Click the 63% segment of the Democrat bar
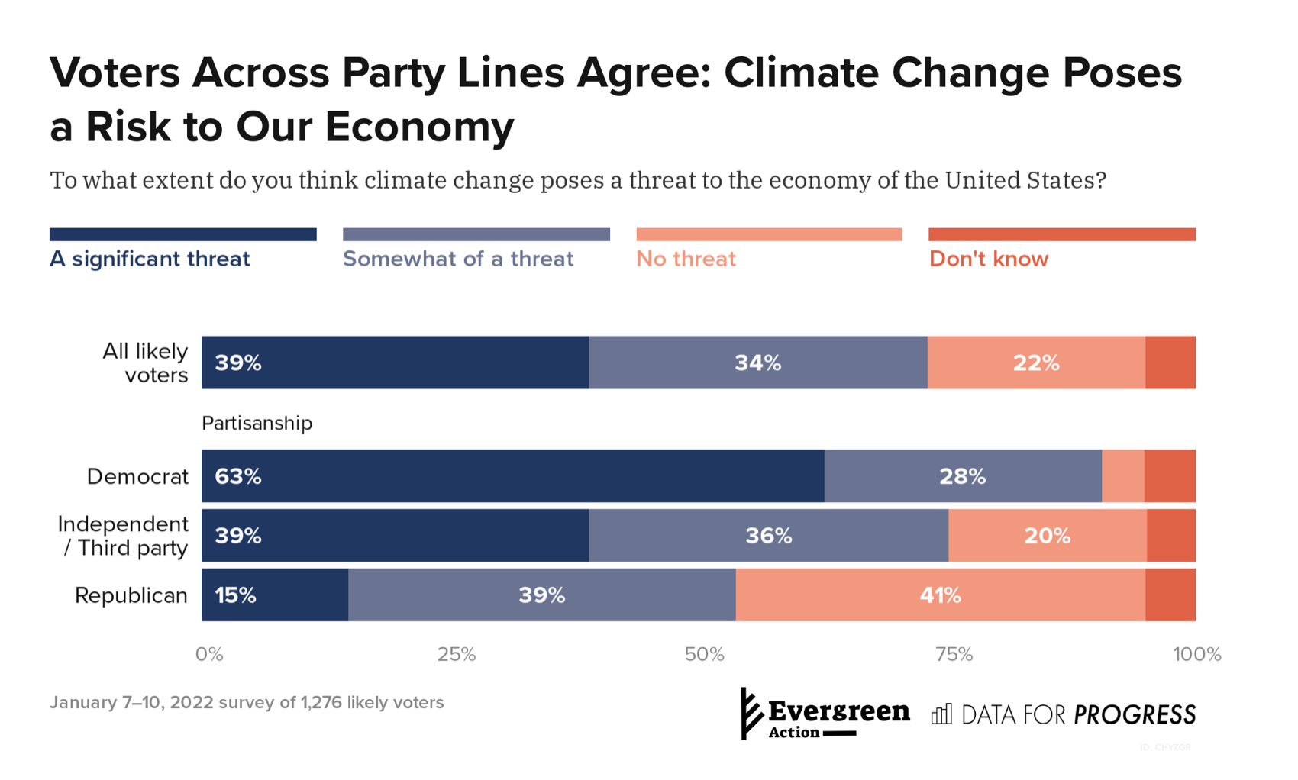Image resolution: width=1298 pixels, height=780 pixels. pos(512,476)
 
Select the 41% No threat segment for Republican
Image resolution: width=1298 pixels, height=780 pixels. pos(940,595)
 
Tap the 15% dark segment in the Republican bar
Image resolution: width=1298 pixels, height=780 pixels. pos(275,595)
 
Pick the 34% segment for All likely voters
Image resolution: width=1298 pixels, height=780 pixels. pos(757,363)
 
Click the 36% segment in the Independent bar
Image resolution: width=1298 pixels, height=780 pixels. pos(768,536)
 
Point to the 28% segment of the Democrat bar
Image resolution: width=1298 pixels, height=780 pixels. pos(962,476)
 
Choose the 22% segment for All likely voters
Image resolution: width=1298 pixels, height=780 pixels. pos(1036,363)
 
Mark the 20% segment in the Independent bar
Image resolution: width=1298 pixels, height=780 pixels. pos(1047,536)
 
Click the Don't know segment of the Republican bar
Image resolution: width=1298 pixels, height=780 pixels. pos(1170,595)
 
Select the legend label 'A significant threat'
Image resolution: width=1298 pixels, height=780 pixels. pos(150,259)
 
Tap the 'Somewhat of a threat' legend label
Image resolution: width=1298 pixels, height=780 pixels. pos(458,259)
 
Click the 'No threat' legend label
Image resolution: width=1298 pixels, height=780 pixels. pos(686,259)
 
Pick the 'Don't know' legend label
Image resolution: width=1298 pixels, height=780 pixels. pos(989,259)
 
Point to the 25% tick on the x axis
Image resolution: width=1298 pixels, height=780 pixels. pos(457,654)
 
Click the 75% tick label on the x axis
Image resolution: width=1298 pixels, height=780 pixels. pos(954,654)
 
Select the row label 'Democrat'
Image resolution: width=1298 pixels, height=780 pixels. pos(137,477)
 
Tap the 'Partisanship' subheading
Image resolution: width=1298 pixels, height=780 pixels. pos(257,423)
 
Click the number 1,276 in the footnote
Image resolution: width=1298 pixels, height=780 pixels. pos(321,702)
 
